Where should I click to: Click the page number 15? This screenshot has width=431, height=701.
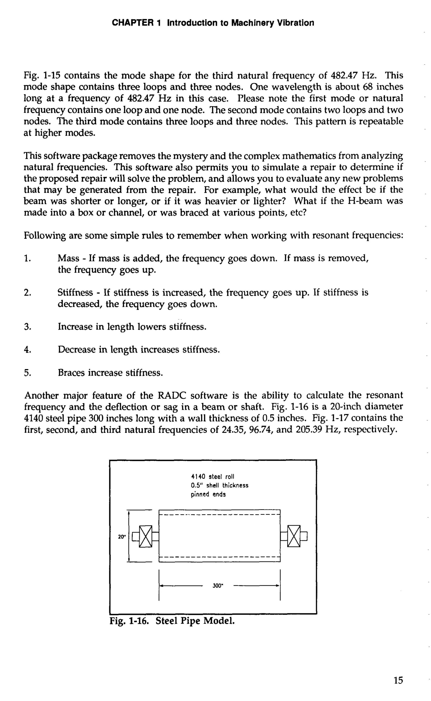click(x=398, y=680)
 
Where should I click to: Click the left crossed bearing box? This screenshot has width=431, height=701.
click(x=146, y=536)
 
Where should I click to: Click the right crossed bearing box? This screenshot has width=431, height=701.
click(x=294, y=536)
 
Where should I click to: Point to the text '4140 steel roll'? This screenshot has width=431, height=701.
click(x=213, y=477)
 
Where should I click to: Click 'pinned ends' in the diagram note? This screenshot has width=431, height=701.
click(x=208, y=494)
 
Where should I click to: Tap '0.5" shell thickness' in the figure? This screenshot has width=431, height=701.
click(x=219, y=485)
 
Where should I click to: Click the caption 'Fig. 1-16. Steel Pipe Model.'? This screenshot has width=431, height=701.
click(x=172, y=621)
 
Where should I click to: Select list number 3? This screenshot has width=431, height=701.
click(x=27, y=327)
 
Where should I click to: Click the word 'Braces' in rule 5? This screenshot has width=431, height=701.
click(x=71, y=373)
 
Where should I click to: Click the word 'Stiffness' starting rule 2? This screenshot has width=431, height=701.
click(x=75, y=293)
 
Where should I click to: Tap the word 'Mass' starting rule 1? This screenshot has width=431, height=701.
click(x=68, y=258)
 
